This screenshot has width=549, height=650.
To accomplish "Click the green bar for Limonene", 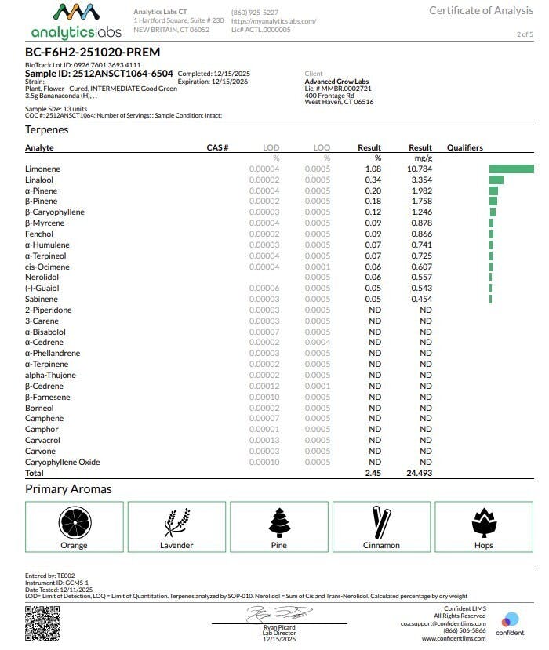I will coord(511,169).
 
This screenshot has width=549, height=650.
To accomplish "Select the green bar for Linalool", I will coord(496,180).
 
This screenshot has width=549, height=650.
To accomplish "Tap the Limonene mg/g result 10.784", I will coord(420,169).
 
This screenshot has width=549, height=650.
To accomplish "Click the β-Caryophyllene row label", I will coord(55,212).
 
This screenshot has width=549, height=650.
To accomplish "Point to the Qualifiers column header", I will coord(465,147).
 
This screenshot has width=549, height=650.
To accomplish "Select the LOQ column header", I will coord(322,147).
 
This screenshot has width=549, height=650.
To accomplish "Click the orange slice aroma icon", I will coord(74,522).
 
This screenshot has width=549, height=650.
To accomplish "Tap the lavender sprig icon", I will coord(176,522).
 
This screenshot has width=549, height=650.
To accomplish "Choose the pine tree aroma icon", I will coord(278,522).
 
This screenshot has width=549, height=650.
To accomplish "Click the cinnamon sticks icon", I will coord(381,522).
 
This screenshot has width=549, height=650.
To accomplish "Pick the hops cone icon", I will coord(483,522).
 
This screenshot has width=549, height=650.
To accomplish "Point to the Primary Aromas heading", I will coord(68,489).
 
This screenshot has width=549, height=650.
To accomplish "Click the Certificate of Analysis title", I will coord(482,10).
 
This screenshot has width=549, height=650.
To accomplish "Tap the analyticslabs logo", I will coord(76,21).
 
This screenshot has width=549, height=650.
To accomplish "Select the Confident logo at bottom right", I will coord(510,624).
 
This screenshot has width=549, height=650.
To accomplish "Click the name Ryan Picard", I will coord(278,627).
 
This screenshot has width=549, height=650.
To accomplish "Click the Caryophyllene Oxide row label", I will coord(63,463).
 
